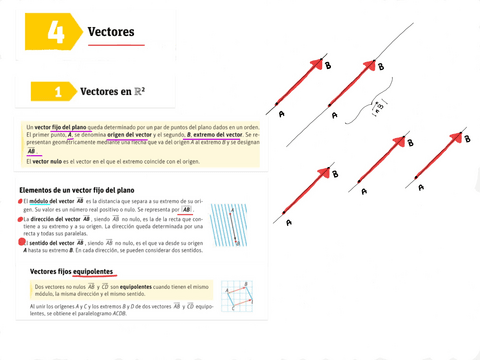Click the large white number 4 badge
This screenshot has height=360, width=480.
pos(56,32)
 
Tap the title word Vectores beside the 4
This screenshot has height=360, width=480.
pos(111,32)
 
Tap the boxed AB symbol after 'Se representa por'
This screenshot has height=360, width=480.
pos(173,210)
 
